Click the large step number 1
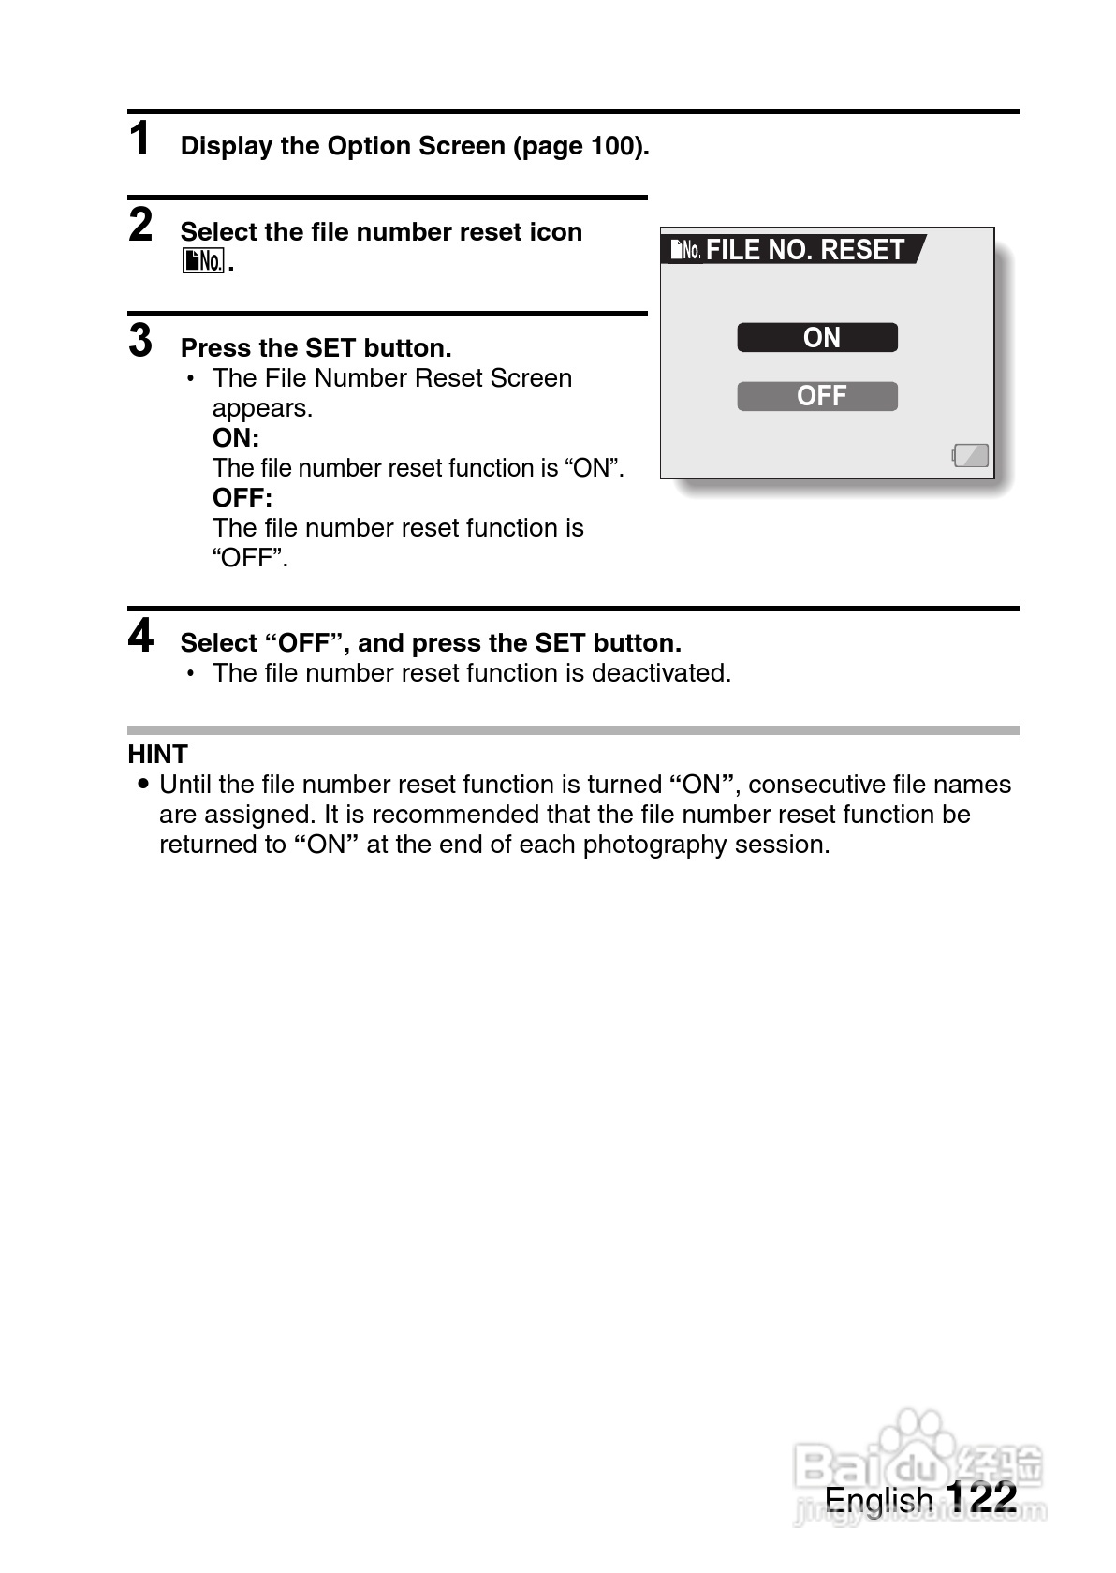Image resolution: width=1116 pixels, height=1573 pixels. [x=140, y=140]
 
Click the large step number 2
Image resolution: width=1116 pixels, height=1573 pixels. [x=140, y=225]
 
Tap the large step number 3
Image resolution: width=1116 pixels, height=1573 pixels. [x=140, y=340]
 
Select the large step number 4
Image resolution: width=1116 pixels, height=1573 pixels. [x=140, y=637]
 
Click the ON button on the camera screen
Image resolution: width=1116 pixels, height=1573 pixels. [x=817, y=337]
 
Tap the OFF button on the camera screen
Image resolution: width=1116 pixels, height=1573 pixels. [x=817, y=396]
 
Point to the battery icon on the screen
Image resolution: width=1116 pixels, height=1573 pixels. [x=971, y=456]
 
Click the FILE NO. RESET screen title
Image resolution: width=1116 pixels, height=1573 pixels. [x=804, y=250]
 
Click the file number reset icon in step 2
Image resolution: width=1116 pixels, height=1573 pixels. [x=203, y=261]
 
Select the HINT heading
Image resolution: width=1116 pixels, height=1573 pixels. [x=157, y=754]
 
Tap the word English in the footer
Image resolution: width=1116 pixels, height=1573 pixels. [x=878, y=1500]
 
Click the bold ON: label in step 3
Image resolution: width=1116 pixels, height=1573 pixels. [x=236, y=438]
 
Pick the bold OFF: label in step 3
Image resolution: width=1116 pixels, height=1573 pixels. [x=242, y=498]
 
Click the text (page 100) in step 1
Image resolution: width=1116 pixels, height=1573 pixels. [x=580, y=146]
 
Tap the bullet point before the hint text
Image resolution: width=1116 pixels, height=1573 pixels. [x=142, y=784]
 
